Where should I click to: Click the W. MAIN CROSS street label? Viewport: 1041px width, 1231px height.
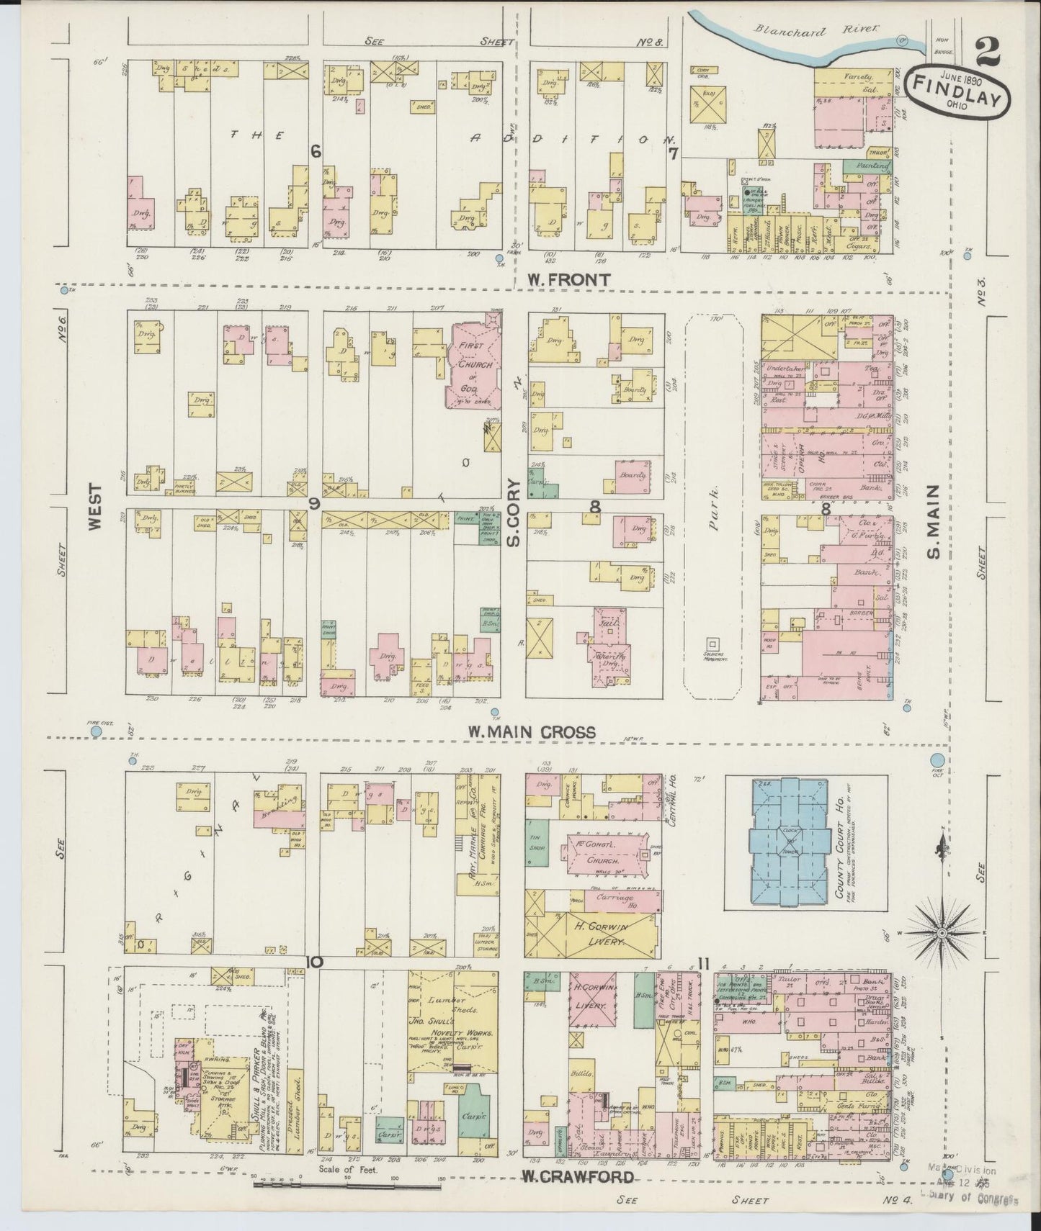tap(532, 731)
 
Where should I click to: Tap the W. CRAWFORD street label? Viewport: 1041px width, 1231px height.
tap(578, 1177)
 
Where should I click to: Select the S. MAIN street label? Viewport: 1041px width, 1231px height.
tap(933, 520)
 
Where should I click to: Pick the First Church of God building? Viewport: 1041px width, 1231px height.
tap(472, 366)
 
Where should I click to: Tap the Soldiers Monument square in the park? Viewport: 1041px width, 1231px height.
tap(713, 643)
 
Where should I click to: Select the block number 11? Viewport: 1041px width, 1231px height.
tap(704, 963)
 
